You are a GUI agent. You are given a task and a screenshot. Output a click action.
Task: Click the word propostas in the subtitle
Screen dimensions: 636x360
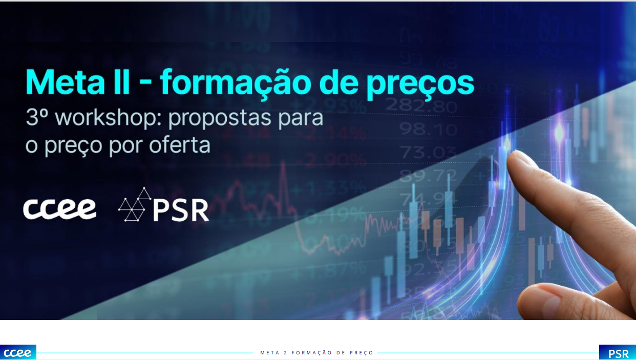click(220, 118)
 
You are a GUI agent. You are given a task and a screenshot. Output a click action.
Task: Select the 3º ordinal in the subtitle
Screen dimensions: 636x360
click(36, 117)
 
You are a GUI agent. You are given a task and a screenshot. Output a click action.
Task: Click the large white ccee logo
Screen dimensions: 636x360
click(59, 209)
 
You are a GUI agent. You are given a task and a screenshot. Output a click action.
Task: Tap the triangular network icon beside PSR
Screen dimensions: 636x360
click(135, 204)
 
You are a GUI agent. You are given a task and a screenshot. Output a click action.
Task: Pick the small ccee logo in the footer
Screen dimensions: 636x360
click(18, 352)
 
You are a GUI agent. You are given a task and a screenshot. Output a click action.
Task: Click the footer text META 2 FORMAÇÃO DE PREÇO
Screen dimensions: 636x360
click(316, 353)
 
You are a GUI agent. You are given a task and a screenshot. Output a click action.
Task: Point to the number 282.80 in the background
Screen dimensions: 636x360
click(421, 106)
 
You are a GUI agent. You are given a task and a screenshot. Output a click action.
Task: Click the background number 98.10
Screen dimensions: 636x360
click(428, 129)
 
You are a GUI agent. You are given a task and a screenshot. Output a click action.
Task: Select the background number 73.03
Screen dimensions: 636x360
click(429, 152)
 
